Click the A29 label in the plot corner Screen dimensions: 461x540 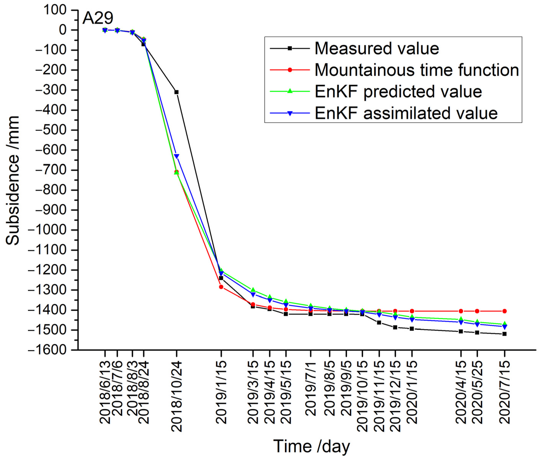[x=98, y=18]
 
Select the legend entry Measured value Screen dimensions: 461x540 [x=377, y=48]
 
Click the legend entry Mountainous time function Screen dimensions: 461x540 [x=417, y=70]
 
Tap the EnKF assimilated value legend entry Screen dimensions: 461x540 [x=406, y=113]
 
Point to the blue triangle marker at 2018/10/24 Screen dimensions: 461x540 [x=176, y=156]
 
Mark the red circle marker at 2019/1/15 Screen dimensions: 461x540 [x=221, y=287]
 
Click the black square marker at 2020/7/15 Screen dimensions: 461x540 [x=504, y=334]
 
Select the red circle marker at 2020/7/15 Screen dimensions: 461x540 [x=504, y=311]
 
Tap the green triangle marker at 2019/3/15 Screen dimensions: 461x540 [x=253, y=290]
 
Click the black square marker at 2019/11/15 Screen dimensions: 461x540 [x=379, y=323]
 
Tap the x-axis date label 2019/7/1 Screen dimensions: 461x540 [x=310, y=388]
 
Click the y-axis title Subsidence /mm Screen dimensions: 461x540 [x=12, y=180]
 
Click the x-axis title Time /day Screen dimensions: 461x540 [x=311, y=446]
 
